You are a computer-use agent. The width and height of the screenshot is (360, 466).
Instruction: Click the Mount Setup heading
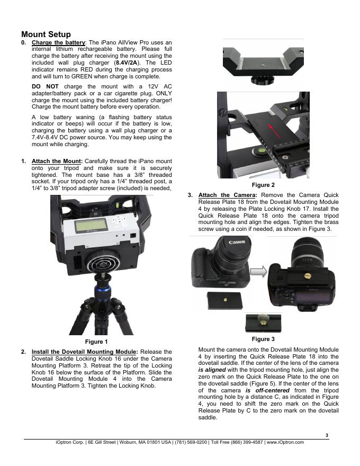pyautogui.click(x=46, y=34)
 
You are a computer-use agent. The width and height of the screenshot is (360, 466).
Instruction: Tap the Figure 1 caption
pyautogui.click(x=96, y=342)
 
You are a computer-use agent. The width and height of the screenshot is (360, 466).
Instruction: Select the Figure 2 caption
pyautogui.click(x=263, y=185)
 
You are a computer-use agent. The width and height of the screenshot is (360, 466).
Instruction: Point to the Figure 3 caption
pyautogui.click(x=263, y=339)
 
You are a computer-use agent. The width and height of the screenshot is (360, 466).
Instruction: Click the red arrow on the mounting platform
pyautogui.click(x=274, y=131)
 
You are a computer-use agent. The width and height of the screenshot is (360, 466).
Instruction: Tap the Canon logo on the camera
pyautogui.click(x=237, y=241)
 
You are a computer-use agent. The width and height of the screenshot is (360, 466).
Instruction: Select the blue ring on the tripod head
pyautogui.click(x=103, y=289)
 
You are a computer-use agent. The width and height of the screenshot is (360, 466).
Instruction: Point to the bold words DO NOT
pyautogui.click(x=45, y=86)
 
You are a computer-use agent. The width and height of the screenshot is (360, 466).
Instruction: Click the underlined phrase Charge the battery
pyautogui.click(x=58, y=42)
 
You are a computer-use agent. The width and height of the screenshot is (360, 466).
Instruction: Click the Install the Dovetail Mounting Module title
pyautogui.click(x=85, y=352)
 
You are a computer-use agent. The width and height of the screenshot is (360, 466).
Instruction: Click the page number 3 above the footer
pyautogui.click(x=327, y=435)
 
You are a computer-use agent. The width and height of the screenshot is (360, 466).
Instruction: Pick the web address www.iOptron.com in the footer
pyautogui.click(x=285, y=442)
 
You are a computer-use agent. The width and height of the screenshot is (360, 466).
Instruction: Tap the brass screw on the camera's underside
pyautogui.click(x=308, y=276)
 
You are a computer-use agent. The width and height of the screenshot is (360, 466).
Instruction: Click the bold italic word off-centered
pyautogui.click(x=272, y=390)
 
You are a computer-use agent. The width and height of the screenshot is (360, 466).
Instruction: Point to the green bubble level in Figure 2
pyautogui.click(x=256, y=151)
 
